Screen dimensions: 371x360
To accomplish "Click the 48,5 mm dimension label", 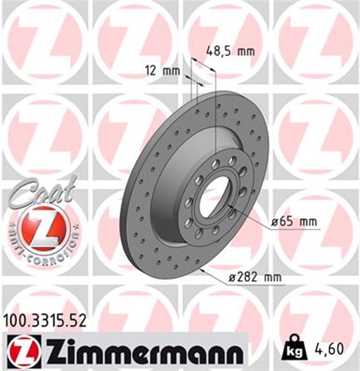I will click(x=231, y=51).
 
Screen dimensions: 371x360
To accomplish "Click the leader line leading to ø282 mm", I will click(x=212, y=275).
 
